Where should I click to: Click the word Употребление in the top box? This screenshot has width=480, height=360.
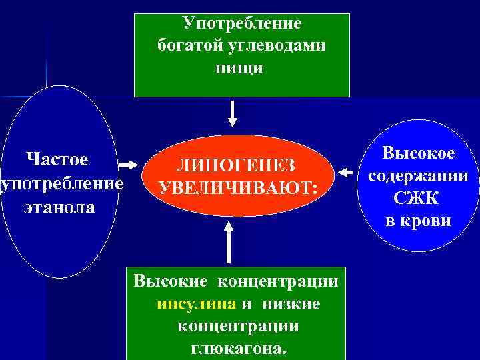click(x=241, y=23)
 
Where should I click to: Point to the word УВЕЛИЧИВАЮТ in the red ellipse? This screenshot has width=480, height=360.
click(x=234, y=188)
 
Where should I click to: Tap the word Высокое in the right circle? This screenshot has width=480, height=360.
click(x=418, y=154)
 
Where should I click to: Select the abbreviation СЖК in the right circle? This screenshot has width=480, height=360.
click(x=418, y=198)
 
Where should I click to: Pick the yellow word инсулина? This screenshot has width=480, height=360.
click(x=197, y=304)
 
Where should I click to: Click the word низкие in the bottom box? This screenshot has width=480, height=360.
click(x=291, y=304)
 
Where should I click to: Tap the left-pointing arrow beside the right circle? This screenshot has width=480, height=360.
click(x=345, y=173)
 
